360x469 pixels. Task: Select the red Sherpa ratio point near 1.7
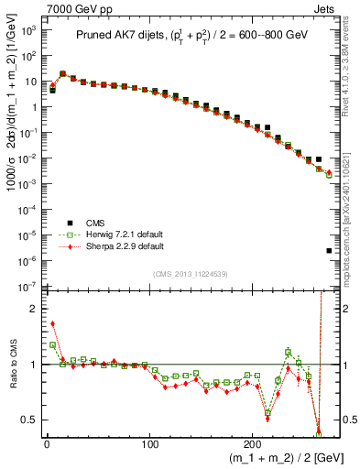click(52, 323)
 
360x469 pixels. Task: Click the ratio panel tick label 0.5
click(31, 420)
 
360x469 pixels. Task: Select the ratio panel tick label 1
click(35, 365)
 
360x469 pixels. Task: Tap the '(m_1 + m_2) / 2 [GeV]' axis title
click(282, 458)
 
